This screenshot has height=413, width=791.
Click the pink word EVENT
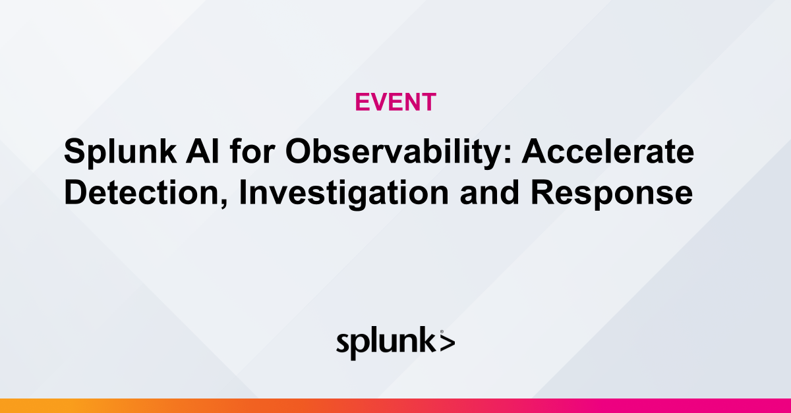395,102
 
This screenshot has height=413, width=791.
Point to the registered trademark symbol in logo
441,333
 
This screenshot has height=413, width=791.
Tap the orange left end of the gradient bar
13,406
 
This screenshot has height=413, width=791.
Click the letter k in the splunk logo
428,341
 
